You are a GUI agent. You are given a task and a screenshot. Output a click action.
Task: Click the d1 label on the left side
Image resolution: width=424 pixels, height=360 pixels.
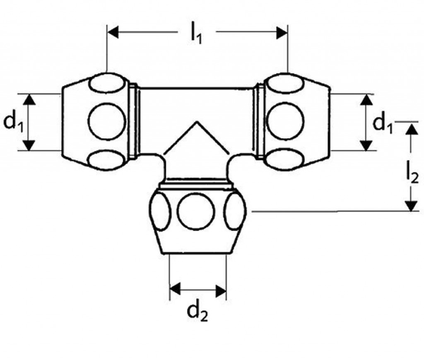13,122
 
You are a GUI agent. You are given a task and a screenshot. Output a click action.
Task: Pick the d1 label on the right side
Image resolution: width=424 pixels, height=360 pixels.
382,123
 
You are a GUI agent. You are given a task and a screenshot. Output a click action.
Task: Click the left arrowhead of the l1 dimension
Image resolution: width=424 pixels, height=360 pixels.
113,32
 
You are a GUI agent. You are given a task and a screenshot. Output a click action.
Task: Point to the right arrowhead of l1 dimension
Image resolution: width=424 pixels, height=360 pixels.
282,32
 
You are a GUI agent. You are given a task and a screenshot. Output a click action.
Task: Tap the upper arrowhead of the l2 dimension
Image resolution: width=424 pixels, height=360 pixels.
412,129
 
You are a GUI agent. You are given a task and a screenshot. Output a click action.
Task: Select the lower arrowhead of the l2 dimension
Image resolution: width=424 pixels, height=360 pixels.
411,206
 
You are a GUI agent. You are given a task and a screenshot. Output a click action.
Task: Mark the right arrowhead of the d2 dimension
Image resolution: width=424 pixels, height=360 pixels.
221,291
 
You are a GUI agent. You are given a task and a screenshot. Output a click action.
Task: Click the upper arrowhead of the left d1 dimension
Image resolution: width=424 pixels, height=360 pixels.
29,99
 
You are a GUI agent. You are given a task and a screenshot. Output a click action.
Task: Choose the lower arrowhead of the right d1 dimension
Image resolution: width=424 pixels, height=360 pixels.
367,145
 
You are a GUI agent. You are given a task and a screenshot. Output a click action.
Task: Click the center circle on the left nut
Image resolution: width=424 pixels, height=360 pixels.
107,121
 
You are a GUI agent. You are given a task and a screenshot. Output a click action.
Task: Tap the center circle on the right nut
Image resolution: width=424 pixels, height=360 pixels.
285,121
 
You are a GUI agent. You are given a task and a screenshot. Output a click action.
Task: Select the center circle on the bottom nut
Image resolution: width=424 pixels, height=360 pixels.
196,211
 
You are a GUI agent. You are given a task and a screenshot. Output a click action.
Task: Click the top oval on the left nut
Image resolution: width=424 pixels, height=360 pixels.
107,83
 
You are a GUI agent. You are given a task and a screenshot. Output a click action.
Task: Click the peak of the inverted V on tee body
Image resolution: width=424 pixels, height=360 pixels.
197,122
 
